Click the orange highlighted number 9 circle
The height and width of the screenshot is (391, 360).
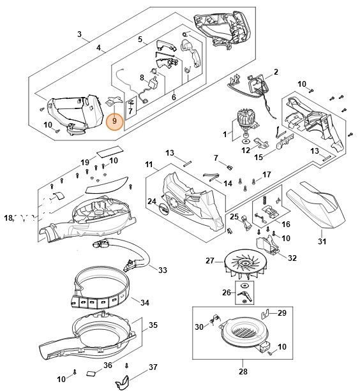[114, 121]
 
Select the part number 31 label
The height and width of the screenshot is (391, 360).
[322, 241]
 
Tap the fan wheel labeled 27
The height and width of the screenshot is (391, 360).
[246, 264]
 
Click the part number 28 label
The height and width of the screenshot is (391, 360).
[243, 372]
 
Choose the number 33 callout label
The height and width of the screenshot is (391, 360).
[162, 270]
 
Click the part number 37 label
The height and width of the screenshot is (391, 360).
[153, 367]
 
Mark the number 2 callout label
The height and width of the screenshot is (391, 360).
[276, 72]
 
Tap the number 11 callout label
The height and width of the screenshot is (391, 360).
[149, 165]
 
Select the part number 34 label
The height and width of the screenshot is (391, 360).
[145, 303]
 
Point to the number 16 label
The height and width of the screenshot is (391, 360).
[286, 224]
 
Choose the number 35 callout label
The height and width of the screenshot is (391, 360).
[153, 325]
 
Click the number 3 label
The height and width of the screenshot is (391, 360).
[79, 34]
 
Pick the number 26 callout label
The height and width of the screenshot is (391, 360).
[227, 292]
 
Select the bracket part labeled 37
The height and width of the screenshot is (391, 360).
[123, 381]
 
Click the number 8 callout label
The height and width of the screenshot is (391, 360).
[142, 78]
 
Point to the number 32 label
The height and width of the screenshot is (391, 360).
[292, 258]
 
